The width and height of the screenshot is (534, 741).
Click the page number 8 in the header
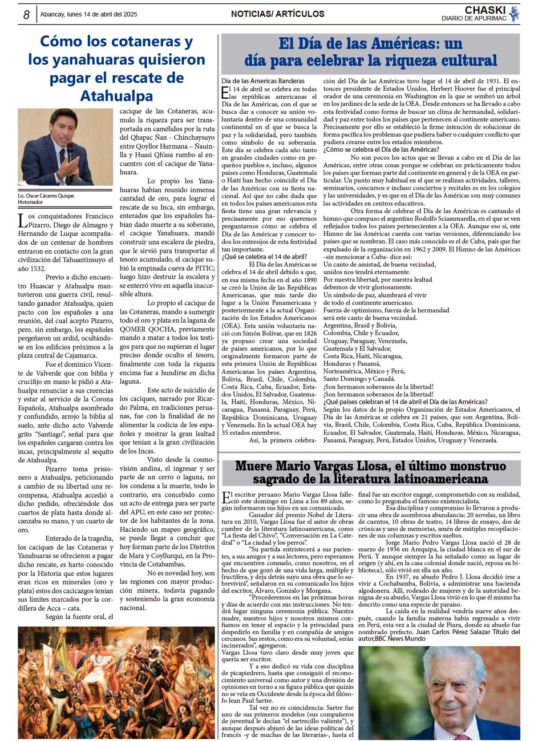click(x=26, y=15)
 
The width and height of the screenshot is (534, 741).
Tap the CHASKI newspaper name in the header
click(x=485, y=10)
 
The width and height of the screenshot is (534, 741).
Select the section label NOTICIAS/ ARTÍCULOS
click(x=277, y=14)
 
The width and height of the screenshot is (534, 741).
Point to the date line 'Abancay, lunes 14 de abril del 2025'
click(x=89, y=14)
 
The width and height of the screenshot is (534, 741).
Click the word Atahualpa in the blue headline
click(x=116, y=96)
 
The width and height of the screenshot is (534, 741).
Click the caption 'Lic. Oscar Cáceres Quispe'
click(x=46, y=195)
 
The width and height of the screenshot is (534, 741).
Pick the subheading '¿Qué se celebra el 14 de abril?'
click(x=264, y=257)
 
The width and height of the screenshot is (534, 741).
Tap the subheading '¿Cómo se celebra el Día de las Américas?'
click(x=381, y=150)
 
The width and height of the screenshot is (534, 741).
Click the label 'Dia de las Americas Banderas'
click(x=263, y=81)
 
